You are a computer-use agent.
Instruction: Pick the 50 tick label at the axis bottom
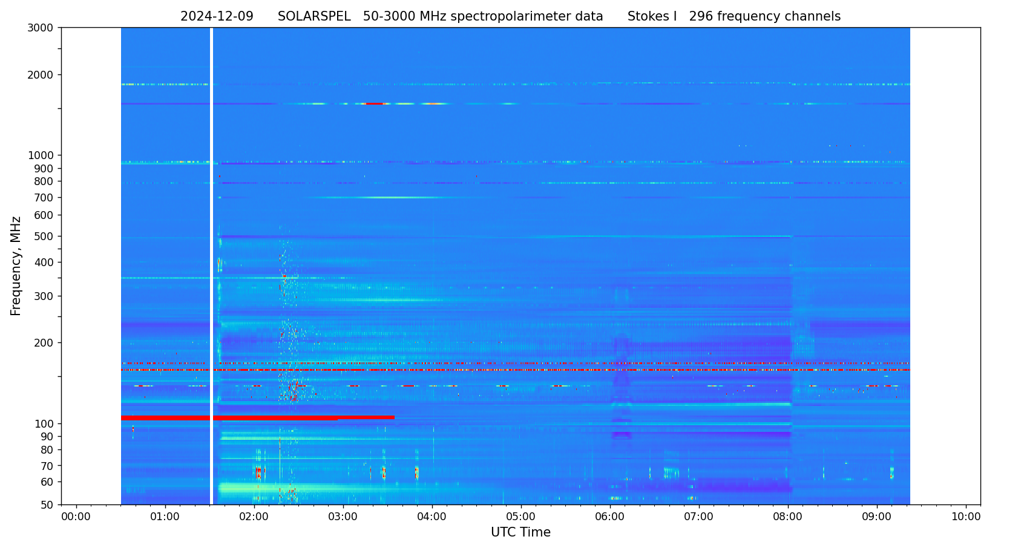tap(47, 505)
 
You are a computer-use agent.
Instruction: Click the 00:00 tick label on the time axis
tap(76, 517)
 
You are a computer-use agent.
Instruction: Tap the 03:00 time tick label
tap(343, 517)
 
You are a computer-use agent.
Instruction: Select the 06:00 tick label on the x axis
tap(610, 517)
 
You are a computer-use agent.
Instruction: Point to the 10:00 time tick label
tap(966, 517)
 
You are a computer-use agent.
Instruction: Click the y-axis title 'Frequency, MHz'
tap(16, 266)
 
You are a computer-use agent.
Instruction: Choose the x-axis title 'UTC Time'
tap(520, 533)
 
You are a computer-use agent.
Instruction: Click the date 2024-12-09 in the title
tap(217, 17)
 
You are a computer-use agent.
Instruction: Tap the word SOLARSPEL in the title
tap(314, 17)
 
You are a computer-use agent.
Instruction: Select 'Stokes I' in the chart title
tap(652, 17)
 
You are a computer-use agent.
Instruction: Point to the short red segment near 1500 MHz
tap(375, 104)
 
